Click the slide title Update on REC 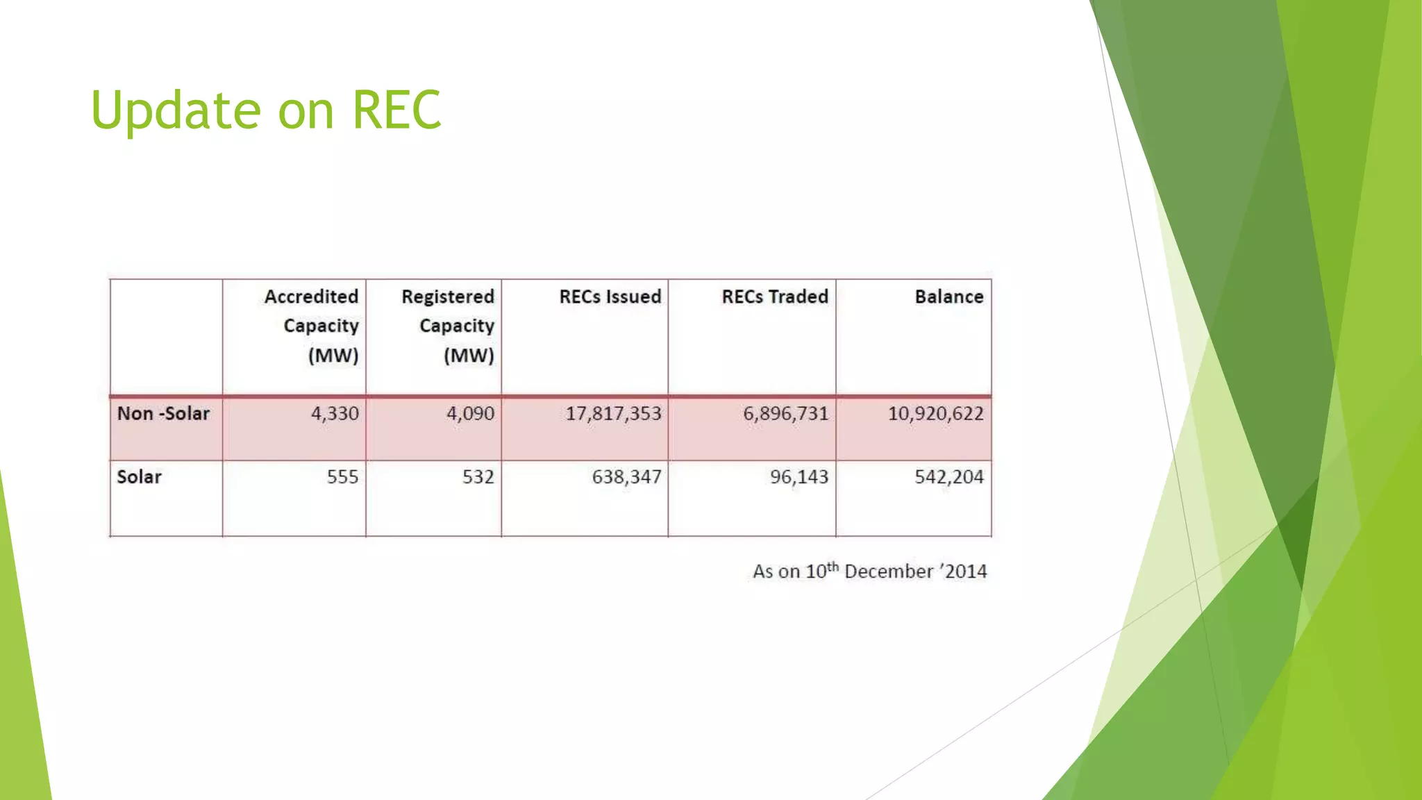click(x=266, y=110)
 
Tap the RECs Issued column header click(x=610, y=297)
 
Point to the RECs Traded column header click(x=774, y=297)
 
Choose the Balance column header click(x=948, y=297)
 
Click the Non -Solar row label click(x=163, y=413)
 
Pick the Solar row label click(x=139, y=476)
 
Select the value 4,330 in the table click(x=335, y=413)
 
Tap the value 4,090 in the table click(x=470, y=413)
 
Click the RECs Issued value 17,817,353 click(x=613, y=413)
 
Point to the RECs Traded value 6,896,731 click(x=785, y=413)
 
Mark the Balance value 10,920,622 click(x=935, y=413)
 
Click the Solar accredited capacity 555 click(x=342, y=476)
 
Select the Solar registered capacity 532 click(x=478, y=476)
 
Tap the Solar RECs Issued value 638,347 click(x=626, y=476)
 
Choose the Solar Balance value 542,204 click(x=948, y=476)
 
